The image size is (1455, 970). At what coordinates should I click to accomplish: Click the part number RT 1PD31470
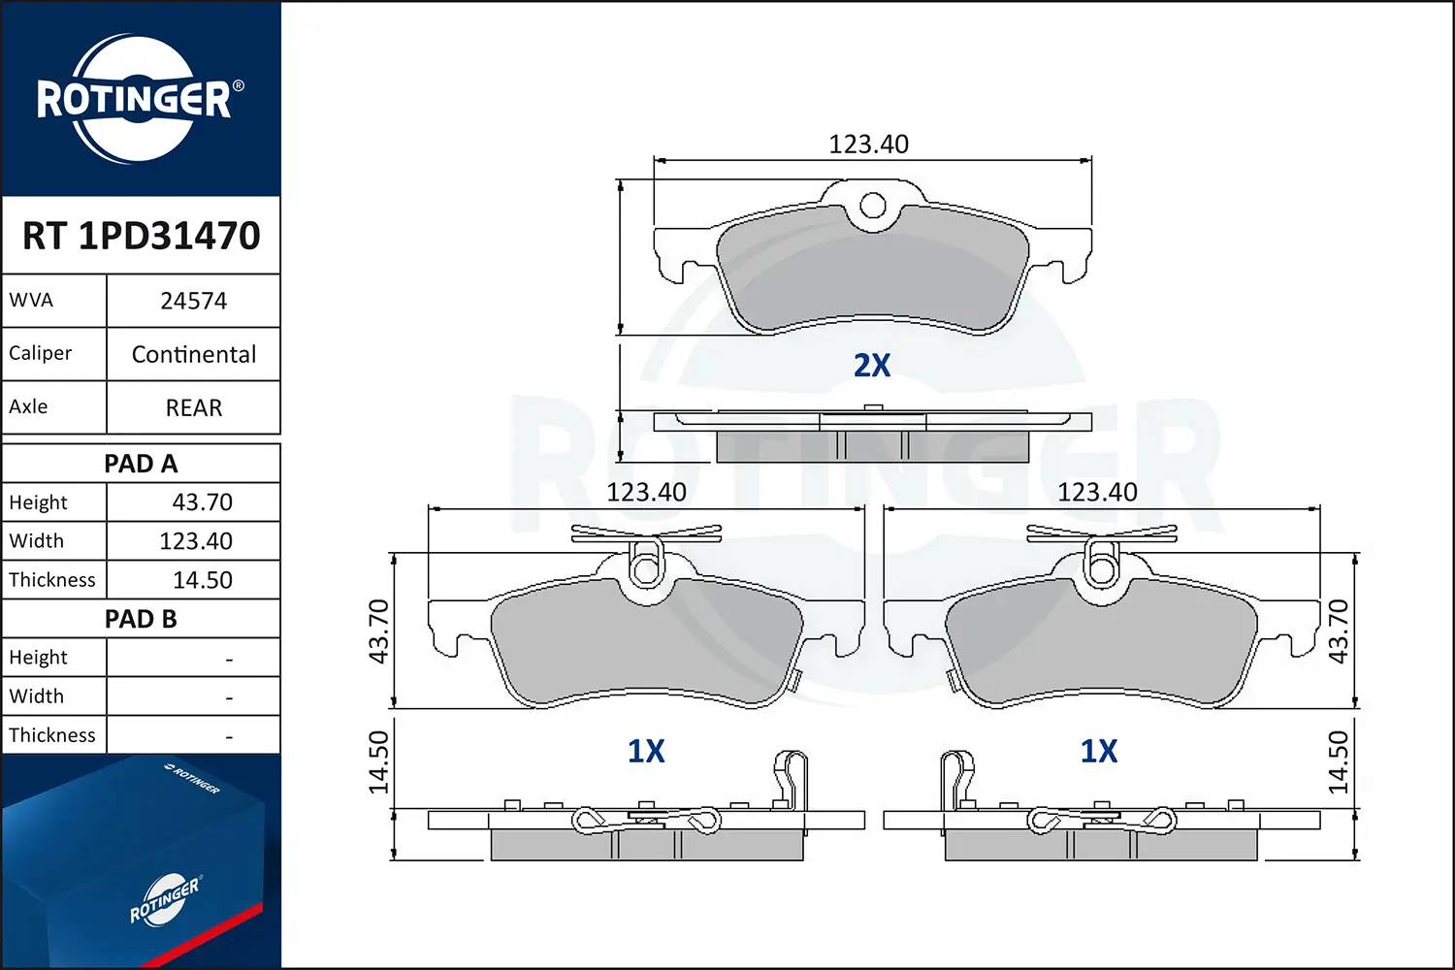coord(141,235)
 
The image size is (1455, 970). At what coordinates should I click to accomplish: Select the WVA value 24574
coord(194,301)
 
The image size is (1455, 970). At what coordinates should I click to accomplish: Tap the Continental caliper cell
coord(194,354)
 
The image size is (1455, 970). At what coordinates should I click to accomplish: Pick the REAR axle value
coord(194,407)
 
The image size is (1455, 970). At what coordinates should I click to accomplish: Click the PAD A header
coord(141,464)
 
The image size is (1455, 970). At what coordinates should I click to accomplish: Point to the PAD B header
coord(141,619)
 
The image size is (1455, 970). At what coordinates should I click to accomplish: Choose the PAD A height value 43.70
coord(202,502)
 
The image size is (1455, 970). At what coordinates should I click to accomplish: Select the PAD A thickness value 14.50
coord(202,579)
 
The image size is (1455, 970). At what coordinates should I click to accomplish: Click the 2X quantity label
coord(872,365)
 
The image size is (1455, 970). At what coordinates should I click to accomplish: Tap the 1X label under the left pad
coord(646,751)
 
